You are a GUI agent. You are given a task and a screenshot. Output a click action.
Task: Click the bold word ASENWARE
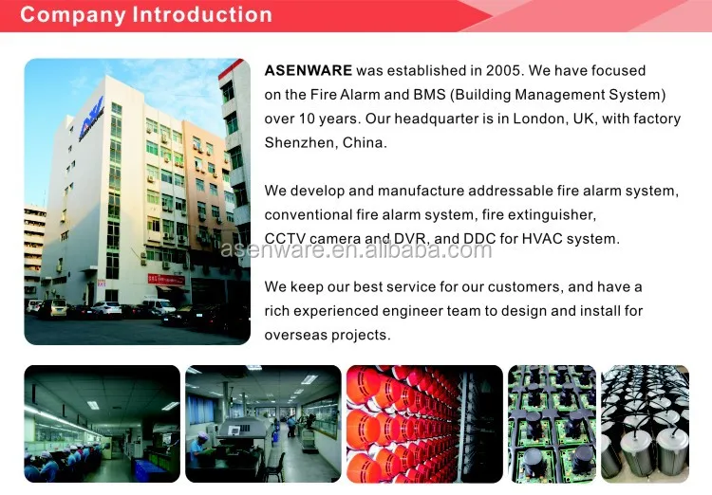point(309,71)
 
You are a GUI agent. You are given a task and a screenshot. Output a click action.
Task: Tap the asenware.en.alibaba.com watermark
point(356,250)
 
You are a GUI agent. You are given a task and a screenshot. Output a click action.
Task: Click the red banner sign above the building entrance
point(165,279)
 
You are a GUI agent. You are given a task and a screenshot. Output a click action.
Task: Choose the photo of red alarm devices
point(423,424)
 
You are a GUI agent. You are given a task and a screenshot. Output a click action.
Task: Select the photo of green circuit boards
point(552,424)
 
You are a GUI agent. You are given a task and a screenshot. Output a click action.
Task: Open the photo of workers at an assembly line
point(102,424)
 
